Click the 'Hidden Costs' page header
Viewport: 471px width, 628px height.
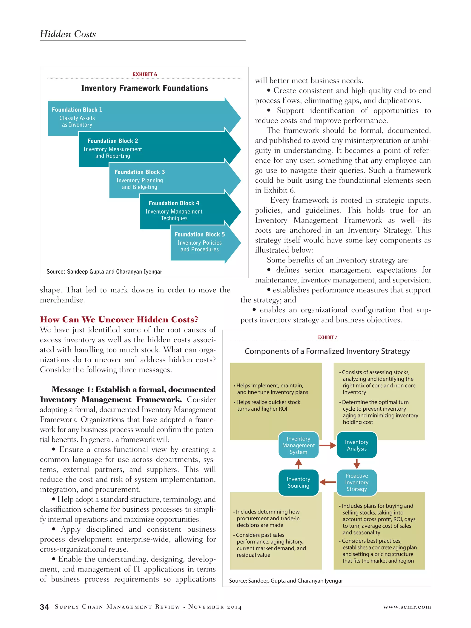[68, 34]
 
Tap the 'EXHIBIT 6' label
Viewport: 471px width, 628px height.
[144, 74]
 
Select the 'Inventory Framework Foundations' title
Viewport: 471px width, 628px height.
[144, 88]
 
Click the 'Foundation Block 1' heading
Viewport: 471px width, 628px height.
[77, 109]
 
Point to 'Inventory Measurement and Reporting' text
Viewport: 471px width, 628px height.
[112, 153]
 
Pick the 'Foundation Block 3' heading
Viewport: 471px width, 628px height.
[139, 172]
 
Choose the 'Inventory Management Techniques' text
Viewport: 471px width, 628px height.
[174, 215]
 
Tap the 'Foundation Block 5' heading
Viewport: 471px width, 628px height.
[199, 234]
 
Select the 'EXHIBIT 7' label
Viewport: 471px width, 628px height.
[327, 337]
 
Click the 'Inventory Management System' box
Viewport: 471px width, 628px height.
[298, 445]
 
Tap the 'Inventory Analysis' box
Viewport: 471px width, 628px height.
[357, 445]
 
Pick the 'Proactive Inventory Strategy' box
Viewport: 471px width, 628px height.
[357, 482]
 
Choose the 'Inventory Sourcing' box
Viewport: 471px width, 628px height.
[298, 482]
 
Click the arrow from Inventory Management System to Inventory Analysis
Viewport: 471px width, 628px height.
[328, 445]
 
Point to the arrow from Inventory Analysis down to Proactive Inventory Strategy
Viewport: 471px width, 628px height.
[357, 464]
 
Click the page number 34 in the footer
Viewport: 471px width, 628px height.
[44, 607]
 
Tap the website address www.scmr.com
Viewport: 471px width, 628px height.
[407, 607]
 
